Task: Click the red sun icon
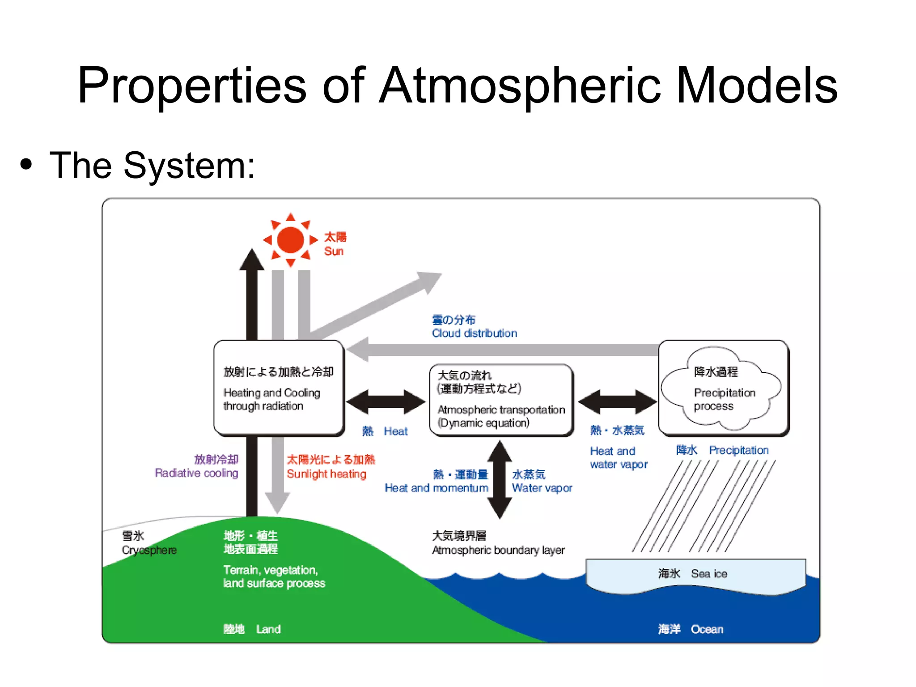click(x=290, y=240)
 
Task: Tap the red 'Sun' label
click(x=334, y=252)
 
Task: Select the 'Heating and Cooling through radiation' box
click(x=279, y=388)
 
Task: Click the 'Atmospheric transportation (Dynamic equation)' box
click(x=501, y=400)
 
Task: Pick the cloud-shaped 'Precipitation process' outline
click(x=721, y=388)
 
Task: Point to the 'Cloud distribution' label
click(x=474, y=333)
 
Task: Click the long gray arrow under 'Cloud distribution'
click(x=501, y=350)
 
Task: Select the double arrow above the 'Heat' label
click(x=386, y=401)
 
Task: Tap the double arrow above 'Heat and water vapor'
click(x=617, y=401)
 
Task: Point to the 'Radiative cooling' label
click(x=196, y=473)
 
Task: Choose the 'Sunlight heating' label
click(x=327, y=474)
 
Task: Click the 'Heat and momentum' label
click(x=436, y=488)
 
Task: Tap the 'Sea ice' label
click(x=709, y=574)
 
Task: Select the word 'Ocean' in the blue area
click(x=707, y=629)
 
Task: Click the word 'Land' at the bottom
click(x=268, y=629)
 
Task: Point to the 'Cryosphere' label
click(x=149, y=550)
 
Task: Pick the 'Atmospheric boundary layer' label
click(x=498, y=550)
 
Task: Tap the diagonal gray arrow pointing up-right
click(x=376, y=305)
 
